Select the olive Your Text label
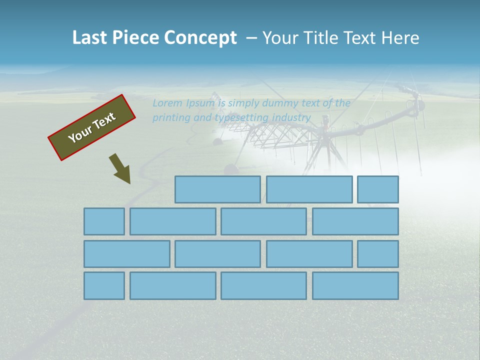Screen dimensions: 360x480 click(92, 127)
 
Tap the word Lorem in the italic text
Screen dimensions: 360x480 click(167, 103)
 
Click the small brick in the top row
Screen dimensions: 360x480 click(378, 189)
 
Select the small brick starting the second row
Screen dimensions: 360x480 click(104, 221)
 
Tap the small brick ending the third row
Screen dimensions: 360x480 click(378, 254)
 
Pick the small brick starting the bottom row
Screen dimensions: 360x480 click(104, 286)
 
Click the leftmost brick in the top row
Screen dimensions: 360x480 click(217, 189)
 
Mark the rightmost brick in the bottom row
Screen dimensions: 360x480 click(355, 286)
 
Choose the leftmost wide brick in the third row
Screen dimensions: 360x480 click(126, 254)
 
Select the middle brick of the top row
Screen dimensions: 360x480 click(309, 189)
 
